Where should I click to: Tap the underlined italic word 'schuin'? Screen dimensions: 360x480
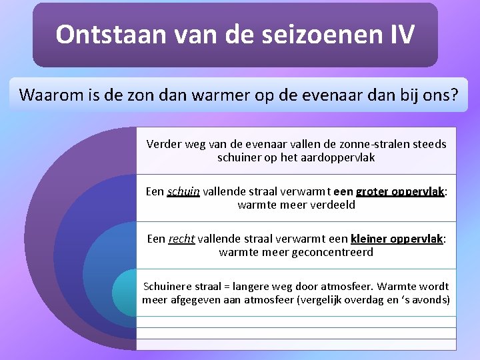[183, 191]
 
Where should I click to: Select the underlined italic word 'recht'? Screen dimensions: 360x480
[183, 239]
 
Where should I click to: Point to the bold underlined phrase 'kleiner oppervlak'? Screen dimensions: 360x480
[397, 239]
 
